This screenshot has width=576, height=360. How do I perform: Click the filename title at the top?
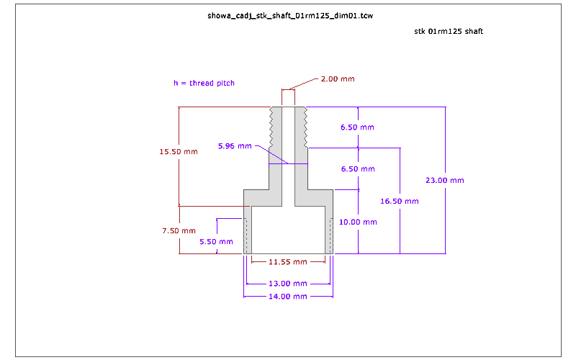[x=285, y=15]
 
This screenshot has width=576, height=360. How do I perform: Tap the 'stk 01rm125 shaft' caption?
[x=453, y=32]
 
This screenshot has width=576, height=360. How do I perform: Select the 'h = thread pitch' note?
[x=204, y=83]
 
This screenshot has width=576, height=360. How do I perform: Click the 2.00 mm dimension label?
[x=337, y=78]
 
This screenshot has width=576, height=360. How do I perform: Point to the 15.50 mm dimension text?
[x=179, y=151]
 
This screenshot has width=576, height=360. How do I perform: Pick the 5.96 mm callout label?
[x=235, y=146]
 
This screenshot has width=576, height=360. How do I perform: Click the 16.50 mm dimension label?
[x=399, y=202]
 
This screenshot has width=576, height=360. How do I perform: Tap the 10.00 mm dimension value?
[x=358, y=222]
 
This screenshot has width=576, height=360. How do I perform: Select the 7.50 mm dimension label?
[x=179, y=230]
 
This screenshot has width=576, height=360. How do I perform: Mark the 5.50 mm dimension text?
[x=217, y=242]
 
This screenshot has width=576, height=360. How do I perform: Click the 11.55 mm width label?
[x=288, y=261]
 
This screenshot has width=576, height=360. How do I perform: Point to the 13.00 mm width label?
[x=288, y=283]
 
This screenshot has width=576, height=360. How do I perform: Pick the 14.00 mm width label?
[x=288, y=296]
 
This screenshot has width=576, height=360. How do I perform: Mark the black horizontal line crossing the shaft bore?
[x=288, y=164]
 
